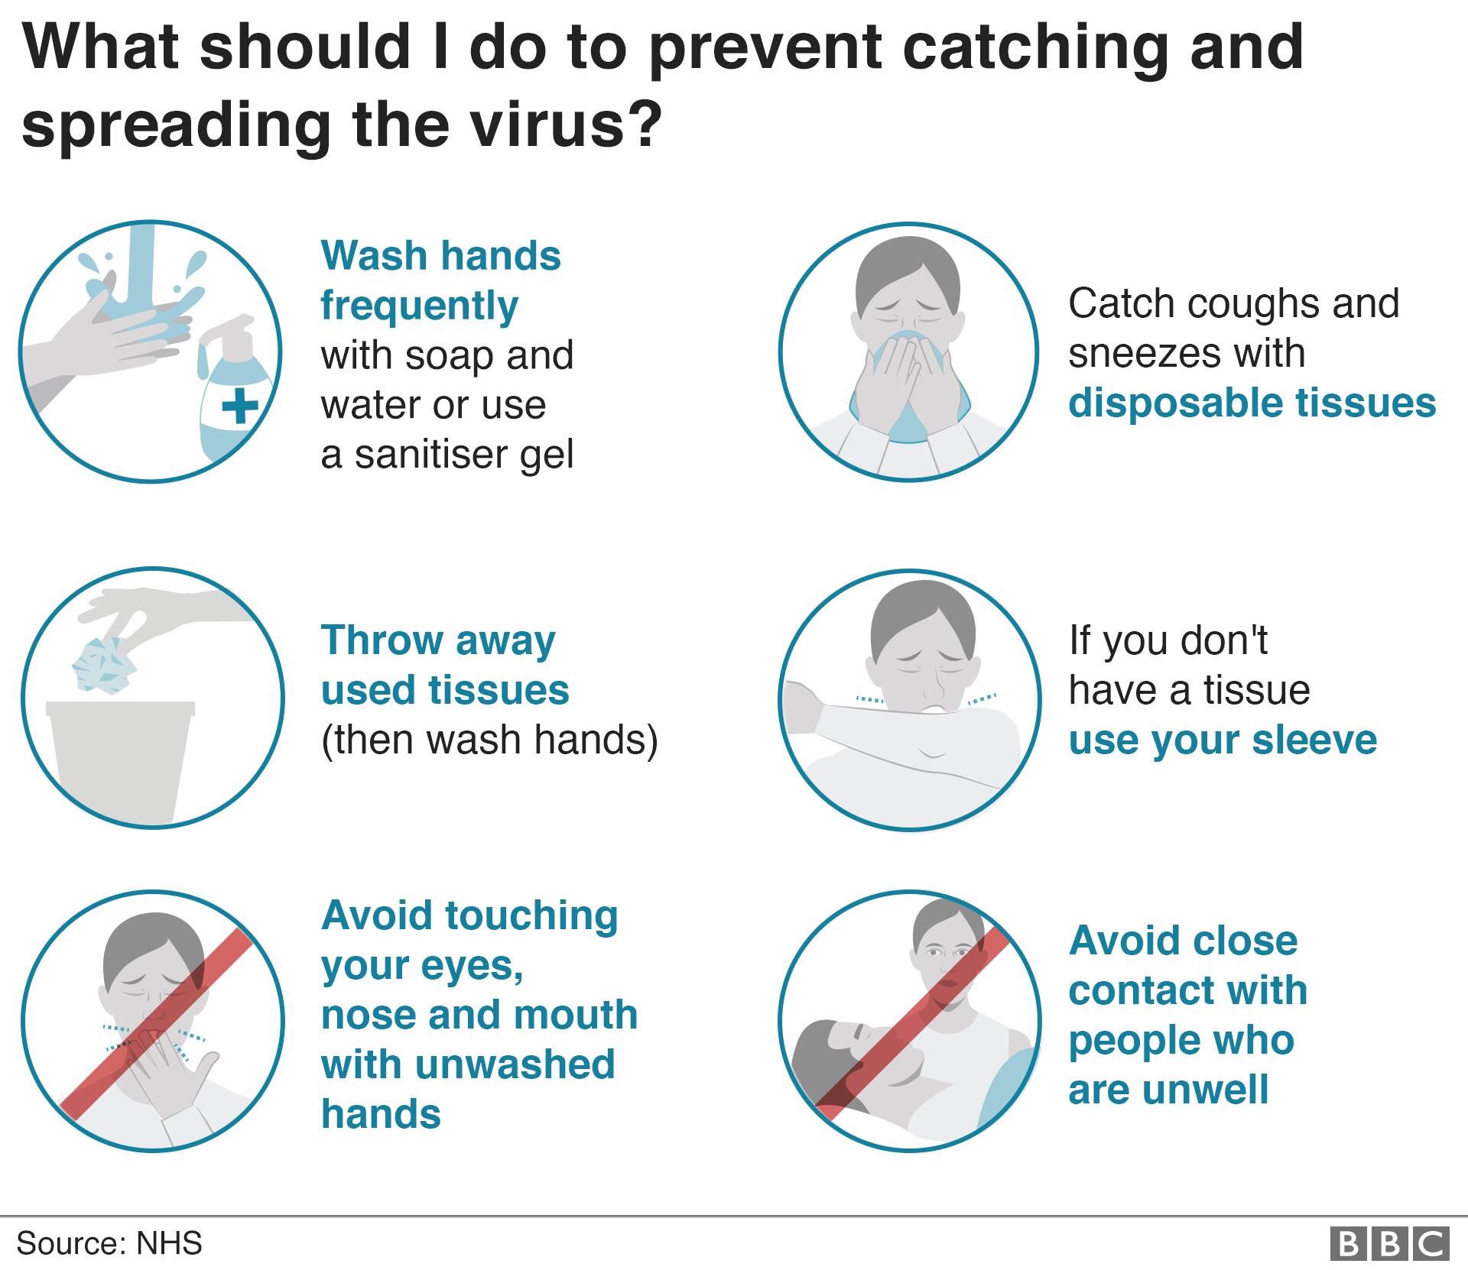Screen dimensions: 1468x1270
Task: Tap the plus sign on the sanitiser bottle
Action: pos(240,406)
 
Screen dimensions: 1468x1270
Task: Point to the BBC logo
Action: pos(1389,1243)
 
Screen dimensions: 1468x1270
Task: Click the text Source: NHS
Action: pos(109,1243)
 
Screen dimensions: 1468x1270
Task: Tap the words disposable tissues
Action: pos(1252,403)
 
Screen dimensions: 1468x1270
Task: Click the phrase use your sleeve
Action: pos(1223,740)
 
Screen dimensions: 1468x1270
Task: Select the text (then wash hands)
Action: pos(489,740)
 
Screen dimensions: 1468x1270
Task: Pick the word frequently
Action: pos(419,306)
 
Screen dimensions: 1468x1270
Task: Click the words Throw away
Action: pos(438,640)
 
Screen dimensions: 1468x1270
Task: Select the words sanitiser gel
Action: pos(464,455)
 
